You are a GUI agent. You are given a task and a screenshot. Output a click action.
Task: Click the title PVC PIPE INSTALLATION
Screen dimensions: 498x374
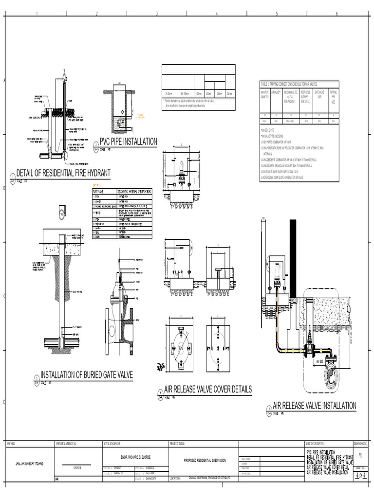pyautogui.click(x=128, y=142)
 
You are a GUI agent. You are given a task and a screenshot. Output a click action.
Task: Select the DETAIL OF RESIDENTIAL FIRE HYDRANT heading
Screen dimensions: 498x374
pyautogui.click(x=63, y=173)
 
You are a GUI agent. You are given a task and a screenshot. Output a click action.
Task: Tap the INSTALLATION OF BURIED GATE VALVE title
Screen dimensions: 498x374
pyautogui.click(x=86, y=374)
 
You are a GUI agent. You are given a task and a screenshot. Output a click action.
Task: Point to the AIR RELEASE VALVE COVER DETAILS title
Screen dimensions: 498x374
pyautogui.click(x=208, y=389)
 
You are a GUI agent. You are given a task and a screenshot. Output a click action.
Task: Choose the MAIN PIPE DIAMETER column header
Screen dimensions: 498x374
pyautogui.click(x=265, y=94)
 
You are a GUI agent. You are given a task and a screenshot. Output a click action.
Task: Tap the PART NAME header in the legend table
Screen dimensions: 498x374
pyautogui.click(x=99, y=191)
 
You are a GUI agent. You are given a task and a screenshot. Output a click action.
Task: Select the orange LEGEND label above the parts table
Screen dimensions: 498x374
pyautogui.click(x=98, y=186)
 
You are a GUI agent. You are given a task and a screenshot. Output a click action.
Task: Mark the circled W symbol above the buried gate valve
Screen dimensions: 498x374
pyautogui.click(x=62, y=213)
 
